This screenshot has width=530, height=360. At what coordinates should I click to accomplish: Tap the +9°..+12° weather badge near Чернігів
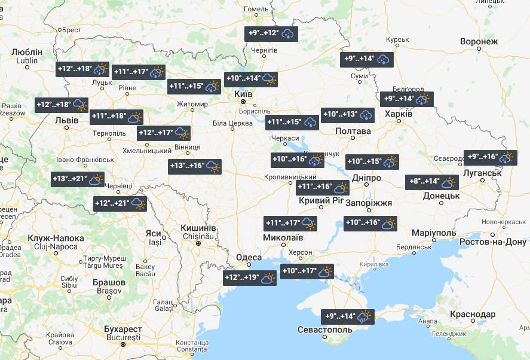[271, 33]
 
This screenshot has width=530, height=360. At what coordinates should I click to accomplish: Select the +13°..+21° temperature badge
[78, 179]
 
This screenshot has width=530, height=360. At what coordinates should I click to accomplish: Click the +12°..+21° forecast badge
[121, 203]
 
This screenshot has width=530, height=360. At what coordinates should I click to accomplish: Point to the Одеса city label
[249, 257]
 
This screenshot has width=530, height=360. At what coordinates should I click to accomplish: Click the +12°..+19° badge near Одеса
[250, 277]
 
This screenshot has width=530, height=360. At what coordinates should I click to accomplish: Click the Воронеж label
[479, 41]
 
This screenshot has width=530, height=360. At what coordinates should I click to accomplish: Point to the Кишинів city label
[198, 228]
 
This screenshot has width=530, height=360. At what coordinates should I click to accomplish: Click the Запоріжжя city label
[369, 203]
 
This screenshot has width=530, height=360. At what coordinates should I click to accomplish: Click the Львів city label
[66, 120]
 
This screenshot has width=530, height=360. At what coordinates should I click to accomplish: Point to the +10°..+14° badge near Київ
[251, 78]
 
